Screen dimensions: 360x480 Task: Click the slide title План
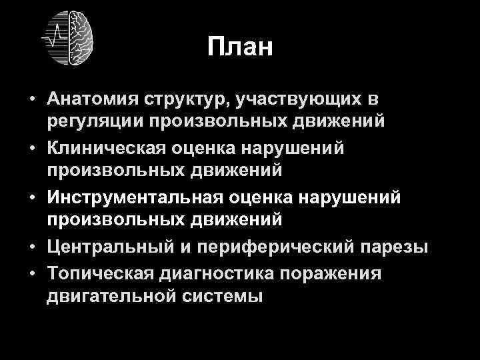click(x=240, y=47)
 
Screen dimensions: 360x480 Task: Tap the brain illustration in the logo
click(x=79, y=37)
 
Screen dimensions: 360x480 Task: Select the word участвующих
click(x=311, y=100)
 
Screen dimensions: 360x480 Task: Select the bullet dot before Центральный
click(x=32, y=248)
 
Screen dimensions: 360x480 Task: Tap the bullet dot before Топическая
click(x=32, y=273)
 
